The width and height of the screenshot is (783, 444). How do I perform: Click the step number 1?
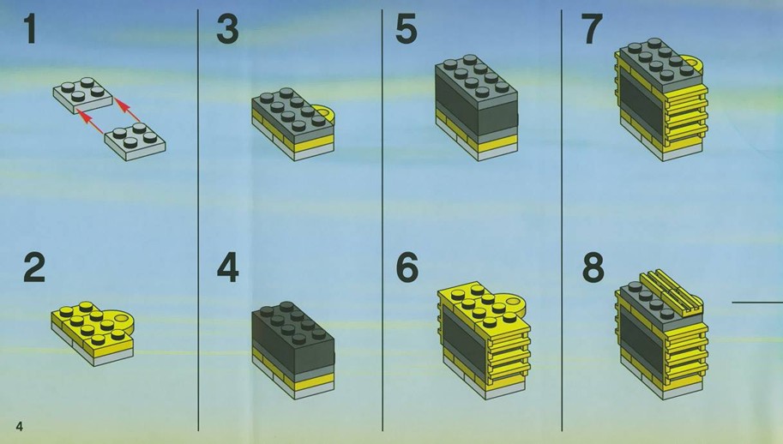click(x=31, y=29)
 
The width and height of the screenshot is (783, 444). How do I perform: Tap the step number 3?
click(x=227, y=29)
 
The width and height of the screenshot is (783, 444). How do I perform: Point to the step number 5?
click(x=406, y=29)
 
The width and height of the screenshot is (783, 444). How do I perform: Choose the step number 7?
click(x=593, y=29)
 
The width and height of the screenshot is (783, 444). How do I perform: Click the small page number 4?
click(x=20, y=426)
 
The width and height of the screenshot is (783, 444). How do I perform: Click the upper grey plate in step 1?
click(x=83, y=95)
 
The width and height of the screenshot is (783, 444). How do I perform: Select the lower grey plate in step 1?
click(x=135, y=142)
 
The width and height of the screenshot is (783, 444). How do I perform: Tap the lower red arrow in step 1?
click(x=91, y=123)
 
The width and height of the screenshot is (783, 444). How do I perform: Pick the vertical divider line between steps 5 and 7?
click(x=562, y=219)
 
